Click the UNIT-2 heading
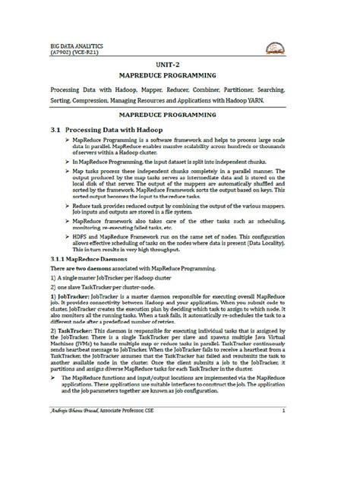coord(179,66)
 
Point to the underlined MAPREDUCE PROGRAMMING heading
coord(179,121)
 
